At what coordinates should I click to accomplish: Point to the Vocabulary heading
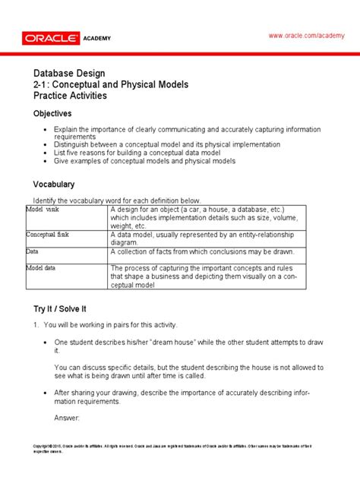[x=53, y=185]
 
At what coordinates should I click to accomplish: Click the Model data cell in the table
[x=43, y=267]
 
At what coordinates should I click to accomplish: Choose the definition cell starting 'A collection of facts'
[x=201, y=252]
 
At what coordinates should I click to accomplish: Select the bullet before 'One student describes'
[x=47, y=343]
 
